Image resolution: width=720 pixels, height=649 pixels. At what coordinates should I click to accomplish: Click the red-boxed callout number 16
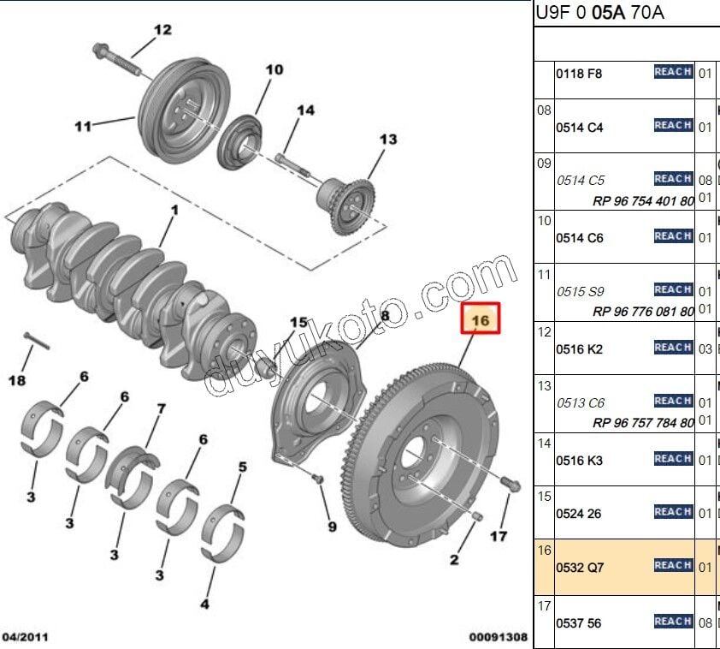(x=481, y=320)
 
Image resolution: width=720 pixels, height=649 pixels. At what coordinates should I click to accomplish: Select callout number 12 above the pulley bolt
(x=162, y=30)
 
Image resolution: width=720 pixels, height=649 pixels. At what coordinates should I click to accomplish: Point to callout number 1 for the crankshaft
(x=174, y=210)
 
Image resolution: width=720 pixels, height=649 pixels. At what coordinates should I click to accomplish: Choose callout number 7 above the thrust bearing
(x=160, y=410)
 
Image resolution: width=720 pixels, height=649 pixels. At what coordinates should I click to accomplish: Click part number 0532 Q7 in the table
(x=581, y=567)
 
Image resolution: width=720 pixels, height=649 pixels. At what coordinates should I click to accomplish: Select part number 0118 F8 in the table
(x=579, y=74)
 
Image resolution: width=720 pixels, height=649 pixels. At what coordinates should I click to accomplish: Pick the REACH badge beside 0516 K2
(x=673, y=348)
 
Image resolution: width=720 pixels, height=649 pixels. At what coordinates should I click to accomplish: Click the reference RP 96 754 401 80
(x=643, y=201)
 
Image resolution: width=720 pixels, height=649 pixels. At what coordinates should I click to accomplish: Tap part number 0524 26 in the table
(x=579, y=513)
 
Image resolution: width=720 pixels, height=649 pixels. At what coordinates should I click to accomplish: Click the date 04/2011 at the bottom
(x=25, y=637)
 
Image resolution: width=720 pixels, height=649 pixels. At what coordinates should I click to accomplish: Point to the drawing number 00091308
(x=498, y=637)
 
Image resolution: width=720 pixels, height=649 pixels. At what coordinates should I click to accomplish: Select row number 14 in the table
(x=544, y=443)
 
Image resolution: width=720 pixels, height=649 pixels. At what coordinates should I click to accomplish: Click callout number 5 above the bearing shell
(x=243, y=467)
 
